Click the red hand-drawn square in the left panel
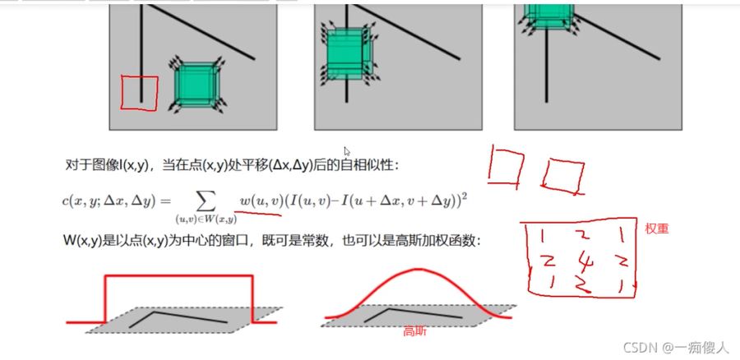click(123, 93)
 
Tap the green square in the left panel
click(196, 85)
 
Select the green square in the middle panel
click(347, 53)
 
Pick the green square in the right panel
click(548, 16)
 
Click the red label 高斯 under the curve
click(415, 332)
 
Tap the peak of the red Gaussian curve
click(416, 269)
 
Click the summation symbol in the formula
click(205, 201)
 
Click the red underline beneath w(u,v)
click(257, 213)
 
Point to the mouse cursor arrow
click(347, 151)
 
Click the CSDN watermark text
click(676, 348)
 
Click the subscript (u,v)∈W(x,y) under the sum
click(205, 219)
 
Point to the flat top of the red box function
click(179, 275)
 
